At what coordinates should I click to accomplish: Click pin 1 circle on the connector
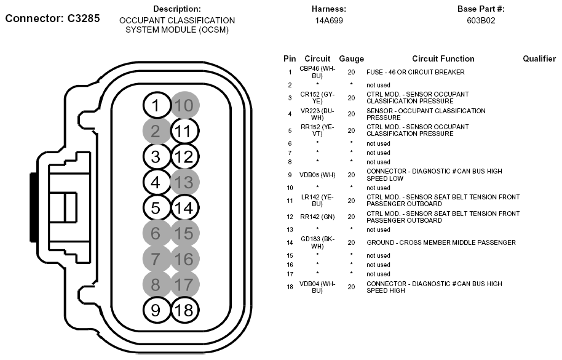156,105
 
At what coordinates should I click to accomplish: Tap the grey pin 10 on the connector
184,105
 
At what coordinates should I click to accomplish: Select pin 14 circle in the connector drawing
184,208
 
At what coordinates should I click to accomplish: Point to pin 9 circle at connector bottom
156,310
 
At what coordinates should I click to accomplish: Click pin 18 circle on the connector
184,310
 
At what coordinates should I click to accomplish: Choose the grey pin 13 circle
184,182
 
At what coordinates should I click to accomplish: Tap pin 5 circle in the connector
156,208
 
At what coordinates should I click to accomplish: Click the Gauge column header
351,59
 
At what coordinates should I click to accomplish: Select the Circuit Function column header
443,59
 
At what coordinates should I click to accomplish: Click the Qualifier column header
539,59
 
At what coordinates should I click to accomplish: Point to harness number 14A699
329,20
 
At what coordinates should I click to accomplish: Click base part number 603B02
481,20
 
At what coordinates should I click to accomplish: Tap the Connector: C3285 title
52,18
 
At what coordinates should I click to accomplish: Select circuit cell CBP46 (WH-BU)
317,72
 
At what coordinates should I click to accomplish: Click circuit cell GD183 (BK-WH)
317,242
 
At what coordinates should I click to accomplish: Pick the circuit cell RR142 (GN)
317,217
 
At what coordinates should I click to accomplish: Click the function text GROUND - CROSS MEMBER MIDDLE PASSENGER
441,242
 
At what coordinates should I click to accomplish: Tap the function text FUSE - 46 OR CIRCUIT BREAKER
415,72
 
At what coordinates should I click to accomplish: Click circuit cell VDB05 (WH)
317,174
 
